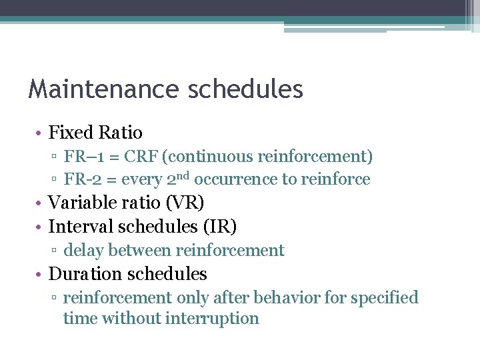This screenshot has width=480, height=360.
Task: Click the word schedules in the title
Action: (246, 89)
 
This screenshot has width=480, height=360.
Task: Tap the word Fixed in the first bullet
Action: (71, 133)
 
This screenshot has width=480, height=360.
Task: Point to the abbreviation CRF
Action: (135, 157)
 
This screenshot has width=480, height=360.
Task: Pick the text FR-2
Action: (80, 179)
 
